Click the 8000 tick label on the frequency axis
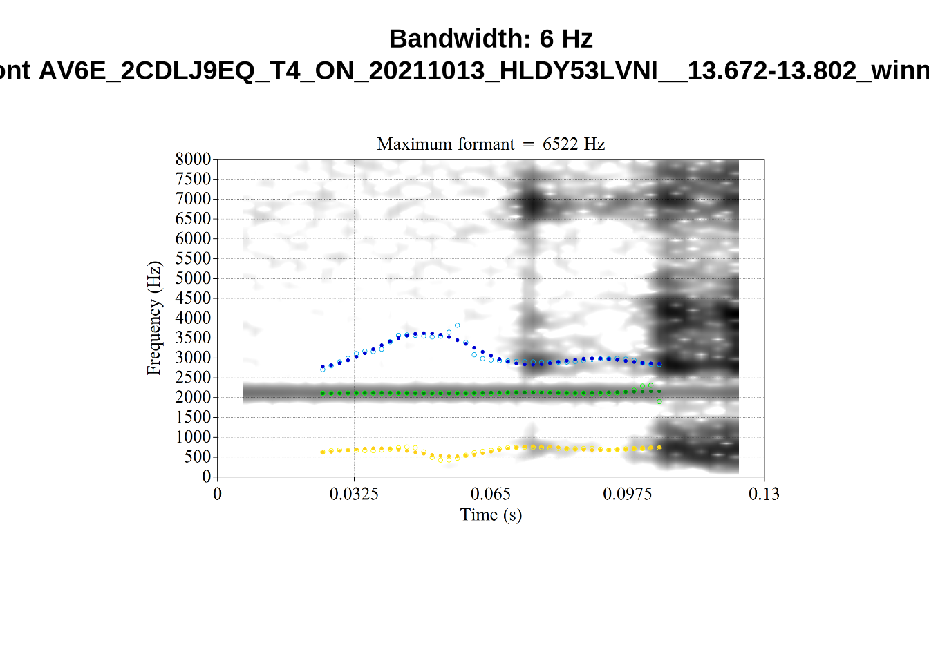tap(193, 160)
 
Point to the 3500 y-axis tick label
tap(193, 338)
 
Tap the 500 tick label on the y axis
tap(197, 457)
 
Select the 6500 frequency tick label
tap(193, 219)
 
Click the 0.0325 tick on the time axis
tap(354, 494)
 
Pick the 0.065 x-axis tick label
tap(491, 494)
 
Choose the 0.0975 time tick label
tap(627, 494)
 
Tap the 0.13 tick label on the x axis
tap(764, 494)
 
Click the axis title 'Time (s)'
tap(491, 515)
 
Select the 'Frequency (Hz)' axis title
tap(153, 318)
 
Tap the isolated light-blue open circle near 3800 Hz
tap(457, 325)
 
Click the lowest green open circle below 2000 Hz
tap(659, 401)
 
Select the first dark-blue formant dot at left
tap(323, 367)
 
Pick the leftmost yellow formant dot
tap(323, 452)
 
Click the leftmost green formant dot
tap(323, 394)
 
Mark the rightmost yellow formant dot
tap(659, 448)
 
